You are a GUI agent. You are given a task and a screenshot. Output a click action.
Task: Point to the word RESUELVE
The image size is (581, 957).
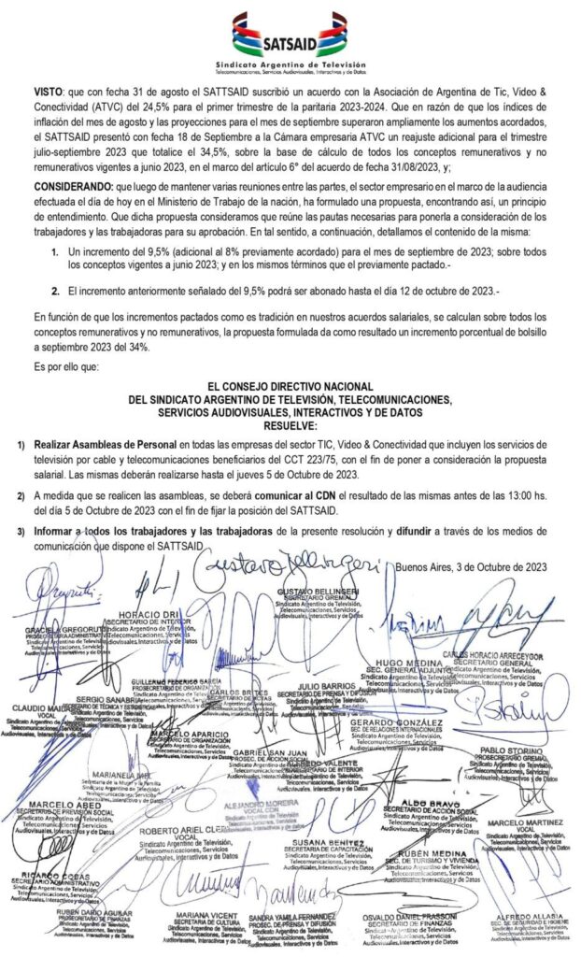click(290, 425)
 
